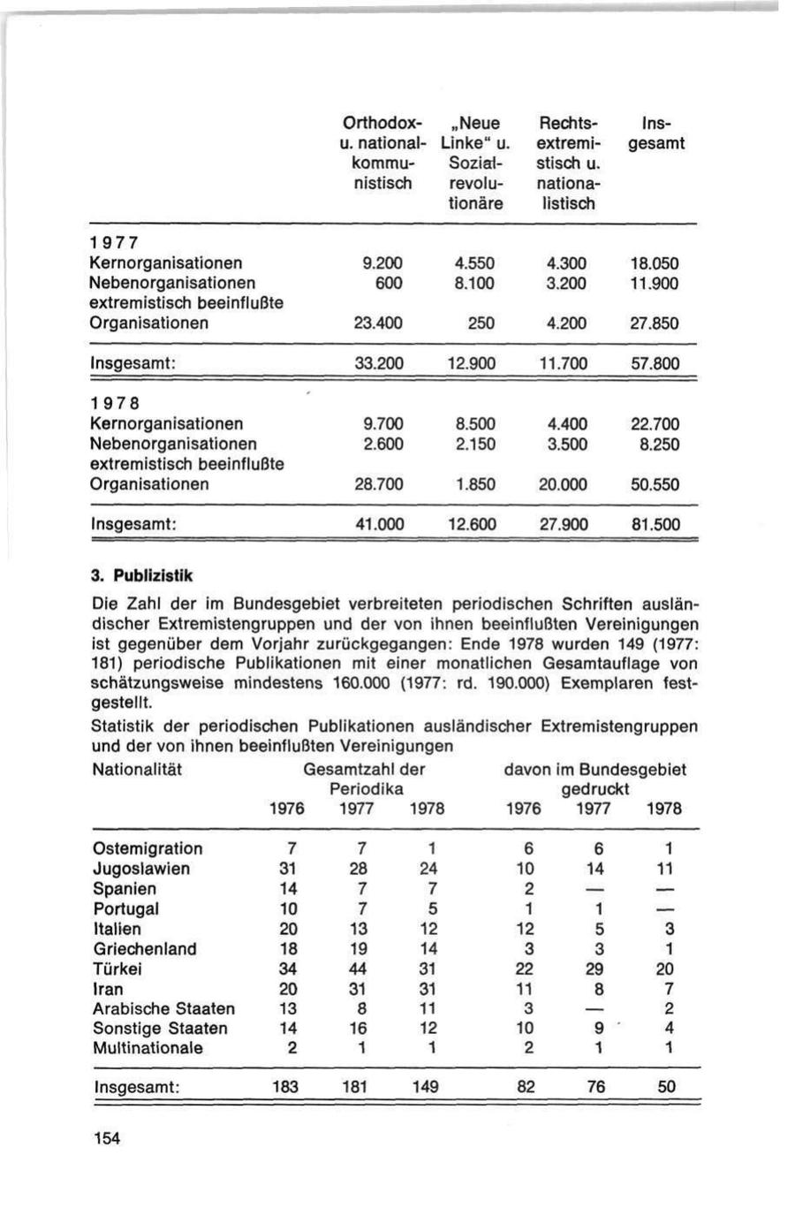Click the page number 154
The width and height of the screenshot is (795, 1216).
[x=106, y=1137]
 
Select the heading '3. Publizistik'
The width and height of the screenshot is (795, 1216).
[x=141, y=575]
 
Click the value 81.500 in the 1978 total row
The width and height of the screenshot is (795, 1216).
[x=655, y=524]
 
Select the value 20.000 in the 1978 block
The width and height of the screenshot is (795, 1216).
[x=563, y=484]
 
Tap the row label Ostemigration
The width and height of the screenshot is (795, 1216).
[x=148, y=848]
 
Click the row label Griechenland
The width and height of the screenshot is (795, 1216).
[x=145, y=949]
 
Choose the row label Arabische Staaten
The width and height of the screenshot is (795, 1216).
[x=163, y=1008]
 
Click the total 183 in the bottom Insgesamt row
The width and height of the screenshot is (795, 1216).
[x=284, y=1087]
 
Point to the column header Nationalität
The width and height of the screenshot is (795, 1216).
[x=137, y=770]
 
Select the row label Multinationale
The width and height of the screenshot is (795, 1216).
[x=148, y=1048]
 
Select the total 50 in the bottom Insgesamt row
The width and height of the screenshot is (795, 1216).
[x=667, y=1087]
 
